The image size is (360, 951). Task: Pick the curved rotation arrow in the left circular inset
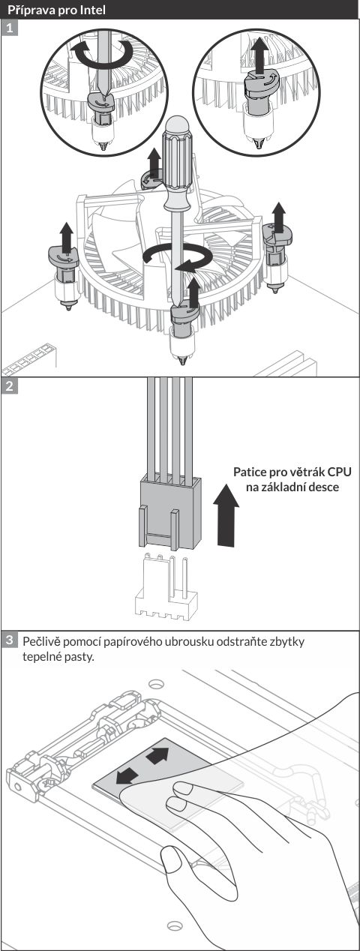coord(102,54)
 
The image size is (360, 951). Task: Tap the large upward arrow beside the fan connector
coord(226,514)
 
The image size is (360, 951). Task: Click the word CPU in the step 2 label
coord(339,472)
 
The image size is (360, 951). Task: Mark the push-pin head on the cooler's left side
coord(63,257)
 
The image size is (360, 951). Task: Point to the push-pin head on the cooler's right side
coord(277,234)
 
